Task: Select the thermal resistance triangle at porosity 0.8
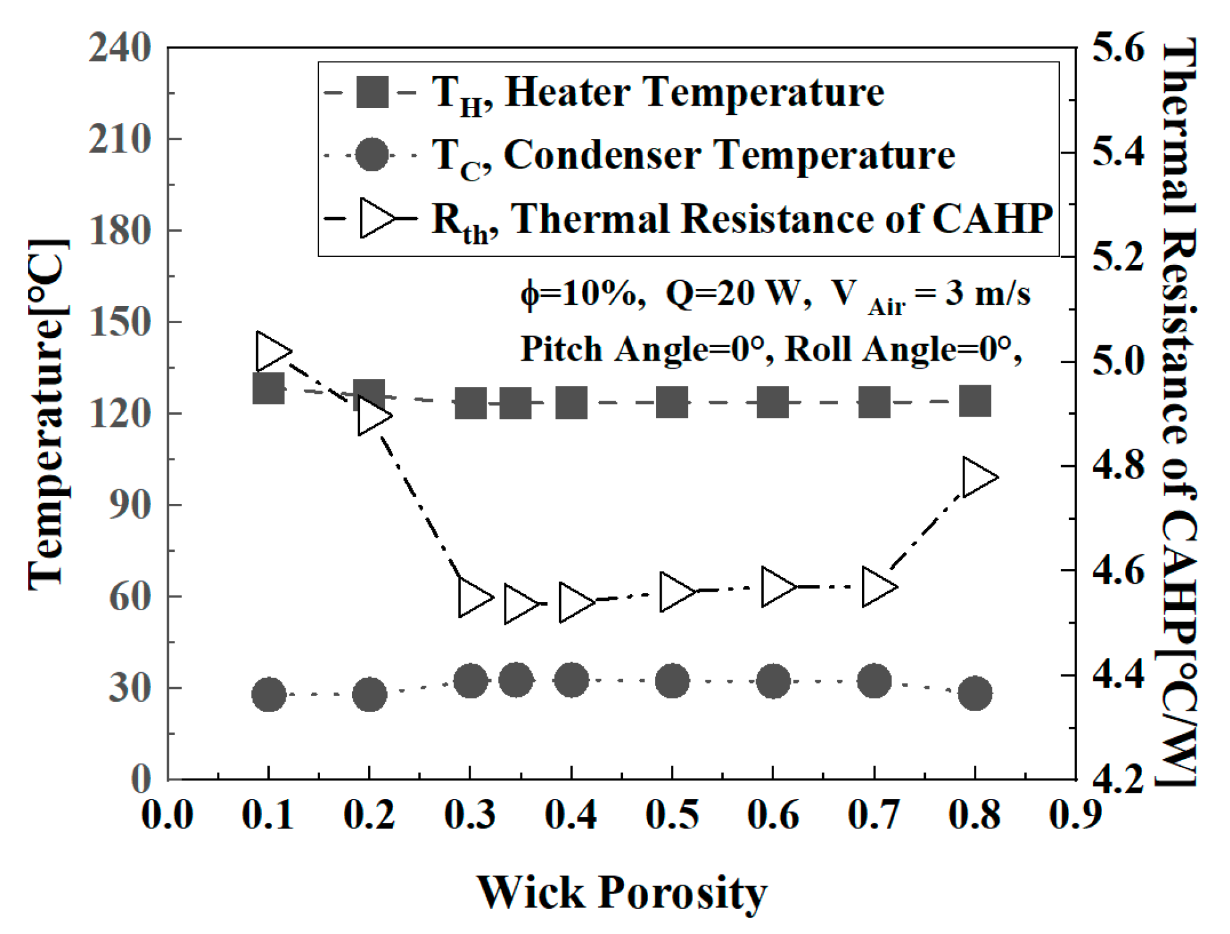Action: point(977,477)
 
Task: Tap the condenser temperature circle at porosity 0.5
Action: point(672,680)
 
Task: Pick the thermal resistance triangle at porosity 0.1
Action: point(272,351)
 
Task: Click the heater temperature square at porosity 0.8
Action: point(975,401)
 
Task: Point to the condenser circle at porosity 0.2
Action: point(369,694)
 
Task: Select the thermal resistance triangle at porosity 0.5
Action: point(676,592)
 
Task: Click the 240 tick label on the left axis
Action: point(120,47)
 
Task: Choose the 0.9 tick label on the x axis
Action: point(1075,815)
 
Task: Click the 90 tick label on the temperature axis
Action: point(130,505)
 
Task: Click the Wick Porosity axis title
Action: point(622,892)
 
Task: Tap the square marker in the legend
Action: point(372,93)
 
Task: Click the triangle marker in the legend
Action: point(376,218)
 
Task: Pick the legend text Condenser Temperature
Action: point(728,155)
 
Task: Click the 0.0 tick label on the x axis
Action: point(167,815)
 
